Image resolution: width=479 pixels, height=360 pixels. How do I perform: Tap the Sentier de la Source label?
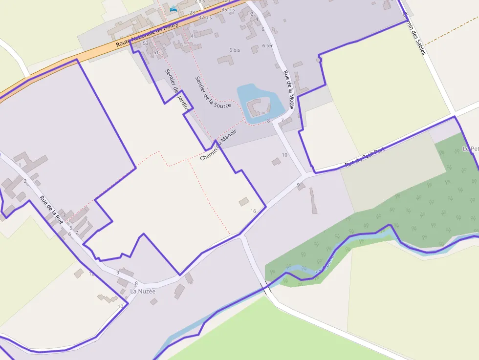coord(213,92)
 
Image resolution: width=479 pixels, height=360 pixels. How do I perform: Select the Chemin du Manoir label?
coord(218,145)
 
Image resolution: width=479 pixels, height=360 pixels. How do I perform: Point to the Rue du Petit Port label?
coord(365,157)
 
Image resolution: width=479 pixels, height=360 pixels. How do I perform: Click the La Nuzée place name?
coord(143,292)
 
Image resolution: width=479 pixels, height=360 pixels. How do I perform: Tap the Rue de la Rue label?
coord(51,210)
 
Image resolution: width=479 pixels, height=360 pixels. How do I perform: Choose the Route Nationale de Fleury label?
coord(147,34)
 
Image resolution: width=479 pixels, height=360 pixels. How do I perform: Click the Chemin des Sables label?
coord(414,33)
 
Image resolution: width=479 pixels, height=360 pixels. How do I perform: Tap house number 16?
coord(253,211)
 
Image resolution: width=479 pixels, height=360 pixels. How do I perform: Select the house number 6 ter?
coord(267,46)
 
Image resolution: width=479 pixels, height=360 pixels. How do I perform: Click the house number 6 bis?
coord(235,50)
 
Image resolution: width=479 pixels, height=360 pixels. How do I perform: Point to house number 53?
coord(146,43)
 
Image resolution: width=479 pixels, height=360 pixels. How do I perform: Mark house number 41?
coord(194,36)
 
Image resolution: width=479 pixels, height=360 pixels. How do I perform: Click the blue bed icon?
coord(173,9)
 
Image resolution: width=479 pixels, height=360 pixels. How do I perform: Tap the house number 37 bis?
coord(205,18)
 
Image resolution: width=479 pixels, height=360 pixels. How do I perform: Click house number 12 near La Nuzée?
coord(91,274)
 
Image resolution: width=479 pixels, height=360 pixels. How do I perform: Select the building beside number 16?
coord(243,201)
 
